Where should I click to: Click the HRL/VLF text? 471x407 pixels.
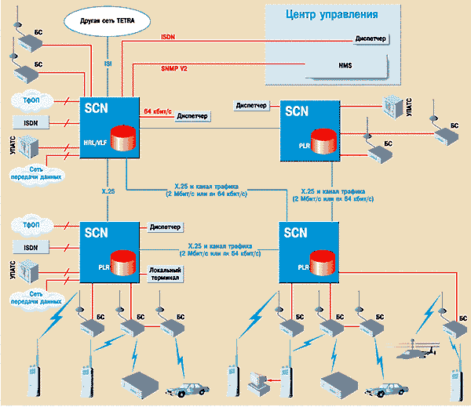coord(95,145)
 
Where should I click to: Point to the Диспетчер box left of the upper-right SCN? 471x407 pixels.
coord(250,104)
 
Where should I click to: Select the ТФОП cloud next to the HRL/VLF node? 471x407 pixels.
coord(32,100)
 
